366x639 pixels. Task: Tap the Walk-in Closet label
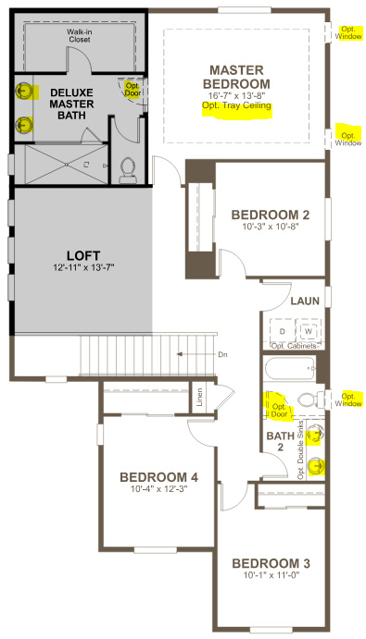[x=79, y=37]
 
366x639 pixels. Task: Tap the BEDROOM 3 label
[x=271, y=564]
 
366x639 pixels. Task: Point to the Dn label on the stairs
[x=221, y=354]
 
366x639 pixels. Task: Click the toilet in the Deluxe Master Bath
[x=128, y=167]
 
